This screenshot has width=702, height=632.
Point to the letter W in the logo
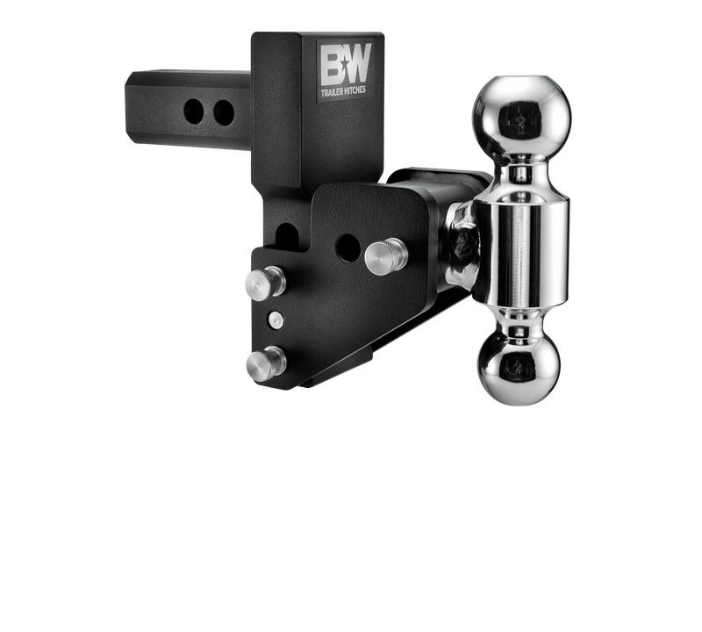(x=361, y=67)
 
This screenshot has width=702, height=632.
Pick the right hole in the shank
(x=224, y=111)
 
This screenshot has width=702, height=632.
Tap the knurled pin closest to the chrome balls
(x=387, y=255)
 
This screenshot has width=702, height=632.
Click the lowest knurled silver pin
(x=265, y=361)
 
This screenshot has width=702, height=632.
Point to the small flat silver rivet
(x=276, y=319)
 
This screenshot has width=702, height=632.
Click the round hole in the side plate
(x=348, y=248)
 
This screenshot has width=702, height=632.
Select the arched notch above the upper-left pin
(x=284, y=234)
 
